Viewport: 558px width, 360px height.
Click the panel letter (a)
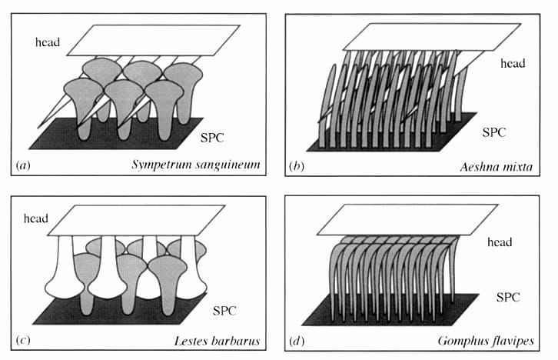click(23, 164)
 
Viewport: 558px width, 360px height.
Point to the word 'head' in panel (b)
click(511, 64)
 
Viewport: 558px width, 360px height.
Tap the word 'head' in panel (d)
click(503, 243)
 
